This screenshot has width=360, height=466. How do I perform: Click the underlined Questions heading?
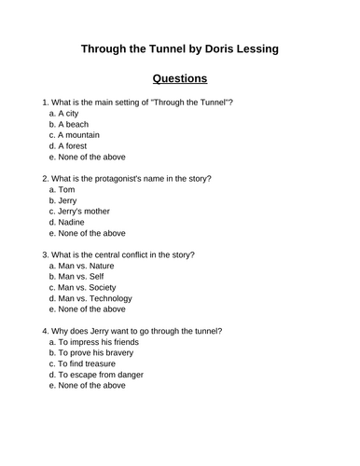[179, 78]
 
